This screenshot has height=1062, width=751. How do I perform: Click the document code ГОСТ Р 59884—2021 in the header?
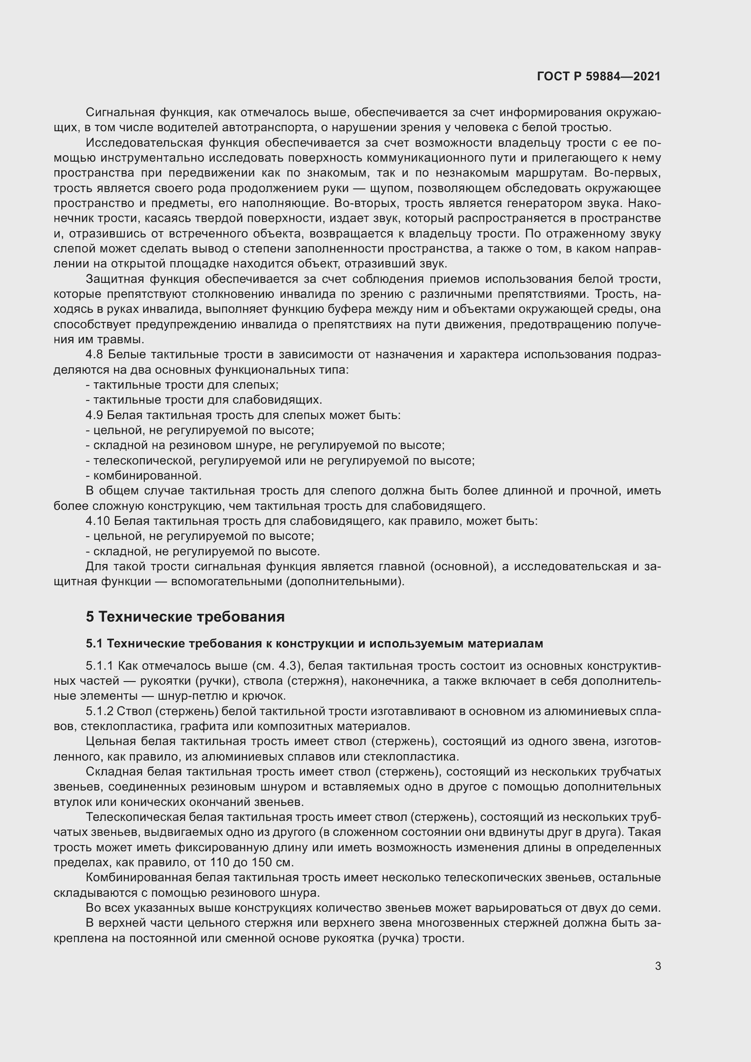coord(598,76)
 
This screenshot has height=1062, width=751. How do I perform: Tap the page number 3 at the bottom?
coord(657,966)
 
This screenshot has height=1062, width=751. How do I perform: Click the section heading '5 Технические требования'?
coord(185,617)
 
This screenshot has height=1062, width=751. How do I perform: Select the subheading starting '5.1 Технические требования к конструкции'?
coord(314,643)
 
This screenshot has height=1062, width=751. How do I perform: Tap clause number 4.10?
coord(97,521)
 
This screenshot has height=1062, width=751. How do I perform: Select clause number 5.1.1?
coord(99,666)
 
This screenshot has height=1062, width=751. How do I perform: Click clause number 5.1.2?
coord(99,711)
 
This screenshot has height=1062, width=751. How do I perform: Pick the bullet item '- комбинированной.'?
coord(144,476)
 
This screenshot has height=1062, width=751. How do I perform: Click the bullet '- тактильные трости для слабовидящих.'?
coord(204,400)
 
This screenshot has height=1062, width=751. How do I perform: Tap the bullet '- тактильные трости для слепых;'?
coord(182,385)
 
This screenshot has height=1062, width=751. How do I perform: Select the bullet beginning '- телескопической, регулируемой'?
coord(280,461)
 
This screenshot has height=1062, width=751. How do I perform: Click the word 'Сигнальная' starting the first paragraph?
coord(120,113)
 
